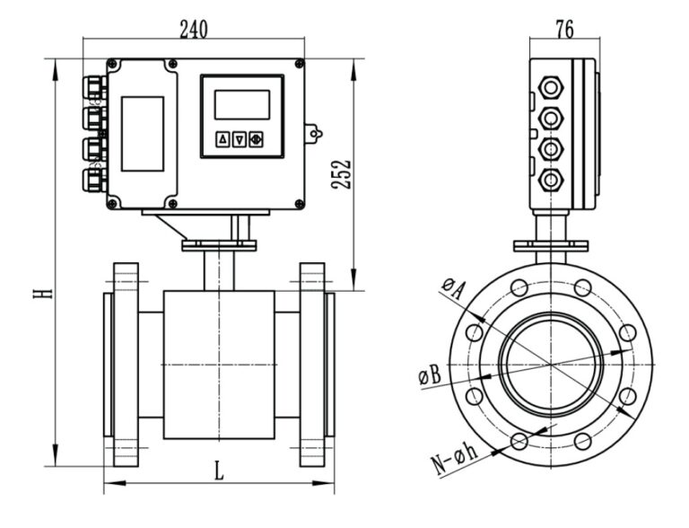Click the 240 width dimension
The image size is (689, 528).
193,29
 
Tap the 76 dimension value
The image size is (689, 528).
564,30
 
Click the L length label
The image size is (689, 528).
219,469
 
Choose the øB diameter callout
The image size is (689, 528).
430,374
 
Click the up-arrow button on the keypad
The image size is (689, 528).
222,139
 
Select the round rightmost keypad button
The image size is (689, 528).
256,139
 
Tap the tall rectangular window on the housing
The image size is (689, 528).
143,134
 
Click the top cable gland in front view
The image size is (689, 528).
92,87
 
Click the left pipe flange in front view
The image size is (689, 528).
126,365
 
